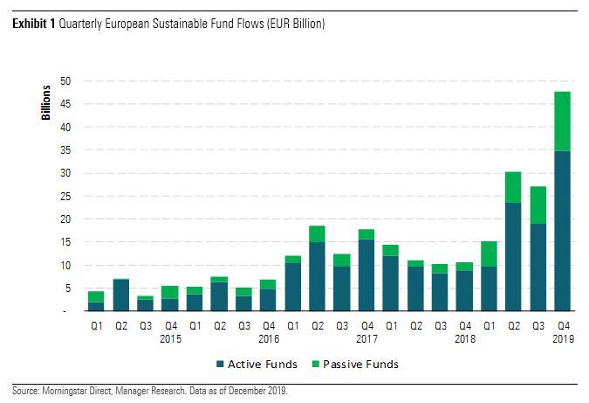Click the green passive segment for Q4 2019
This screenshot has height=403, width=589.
coord(562,121)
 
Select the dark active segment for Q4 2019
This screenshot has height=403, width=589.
coord(562,231)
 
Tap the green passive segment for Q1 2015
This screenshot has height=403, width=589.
coord(97,296)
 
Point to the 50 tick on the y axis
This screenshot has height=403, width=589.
coord(65,81)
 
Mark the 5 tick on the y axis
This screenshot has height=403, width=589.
coord(68,288)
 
